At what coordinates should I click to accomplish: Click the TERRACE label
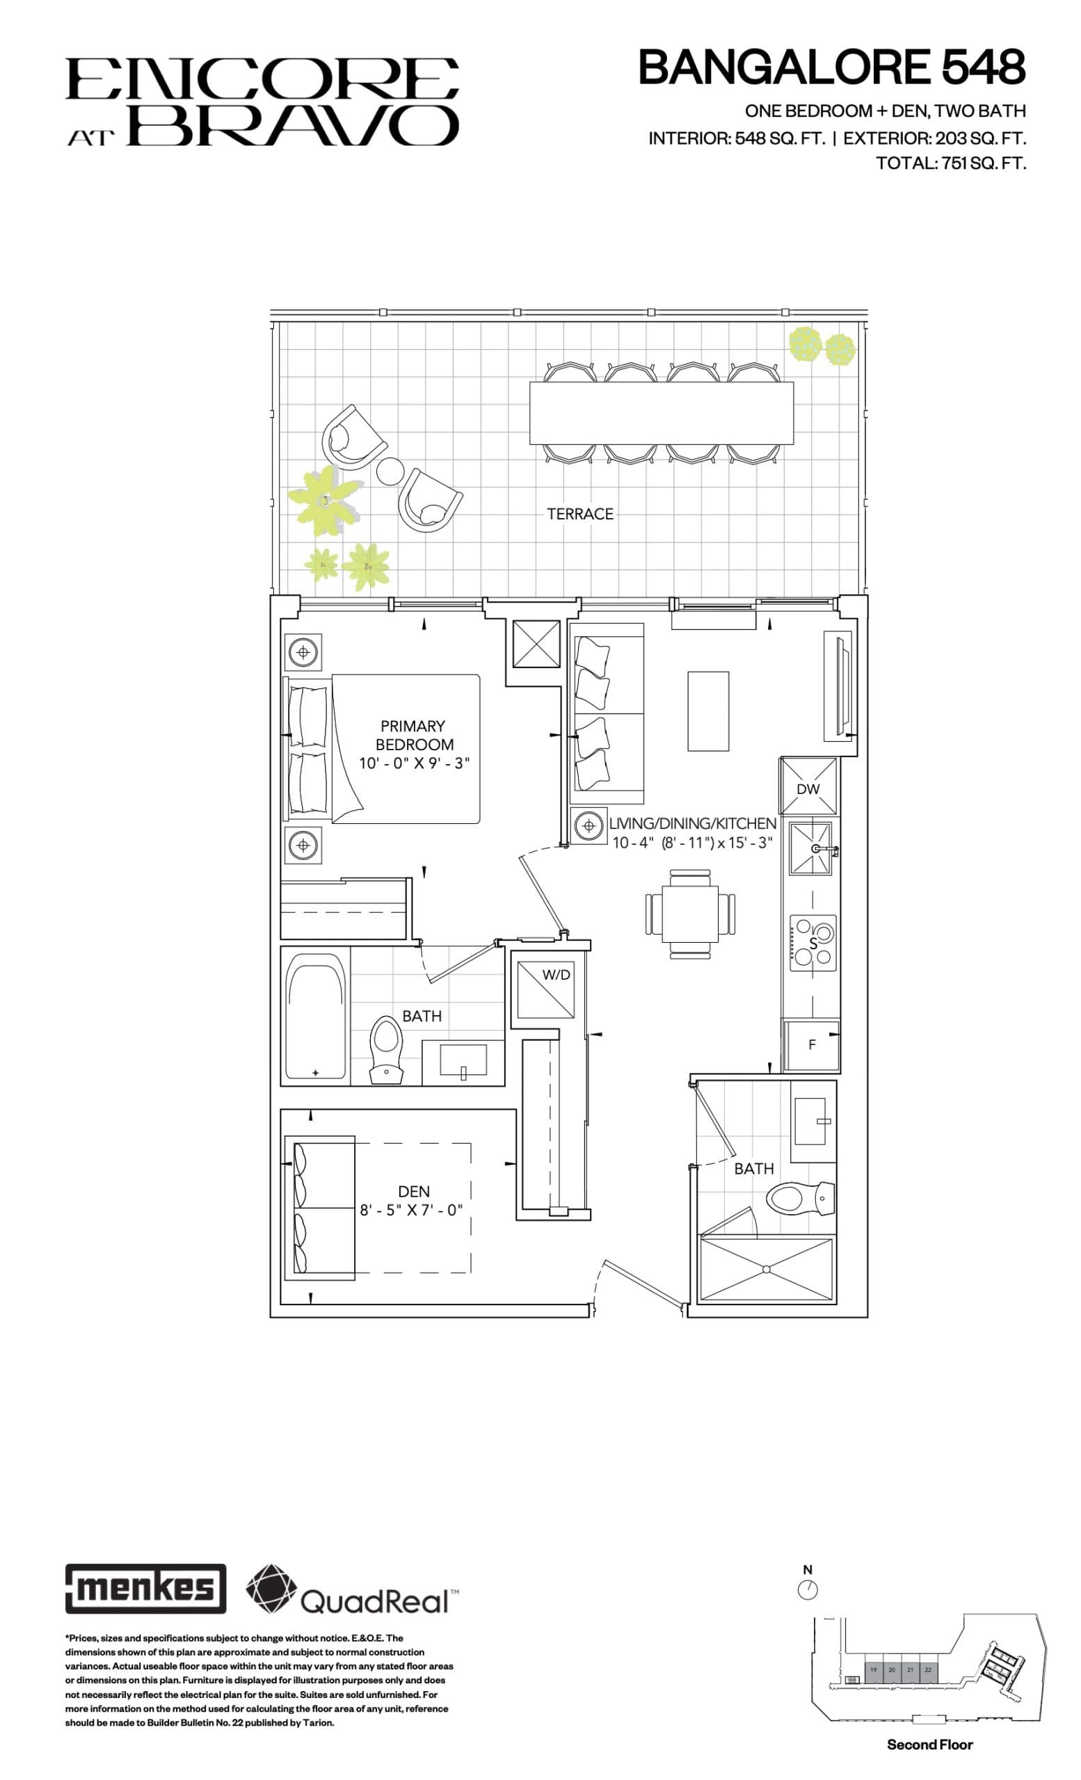(579, 514)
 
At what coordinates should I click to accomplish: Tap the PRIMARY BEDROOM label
(413, 735)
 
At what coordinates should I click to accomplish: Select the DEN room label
(413, 1190)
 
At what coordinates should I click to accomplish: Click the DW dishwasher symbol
(808, 788)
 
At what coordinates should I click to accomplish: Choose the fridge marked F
(812, 1044)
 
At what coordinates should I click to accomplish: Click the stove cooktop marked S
(812, 943)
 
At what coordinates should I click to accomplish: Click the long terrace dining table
(660, 412)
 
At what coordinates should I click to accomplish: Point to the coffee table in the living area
(707, 711)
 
